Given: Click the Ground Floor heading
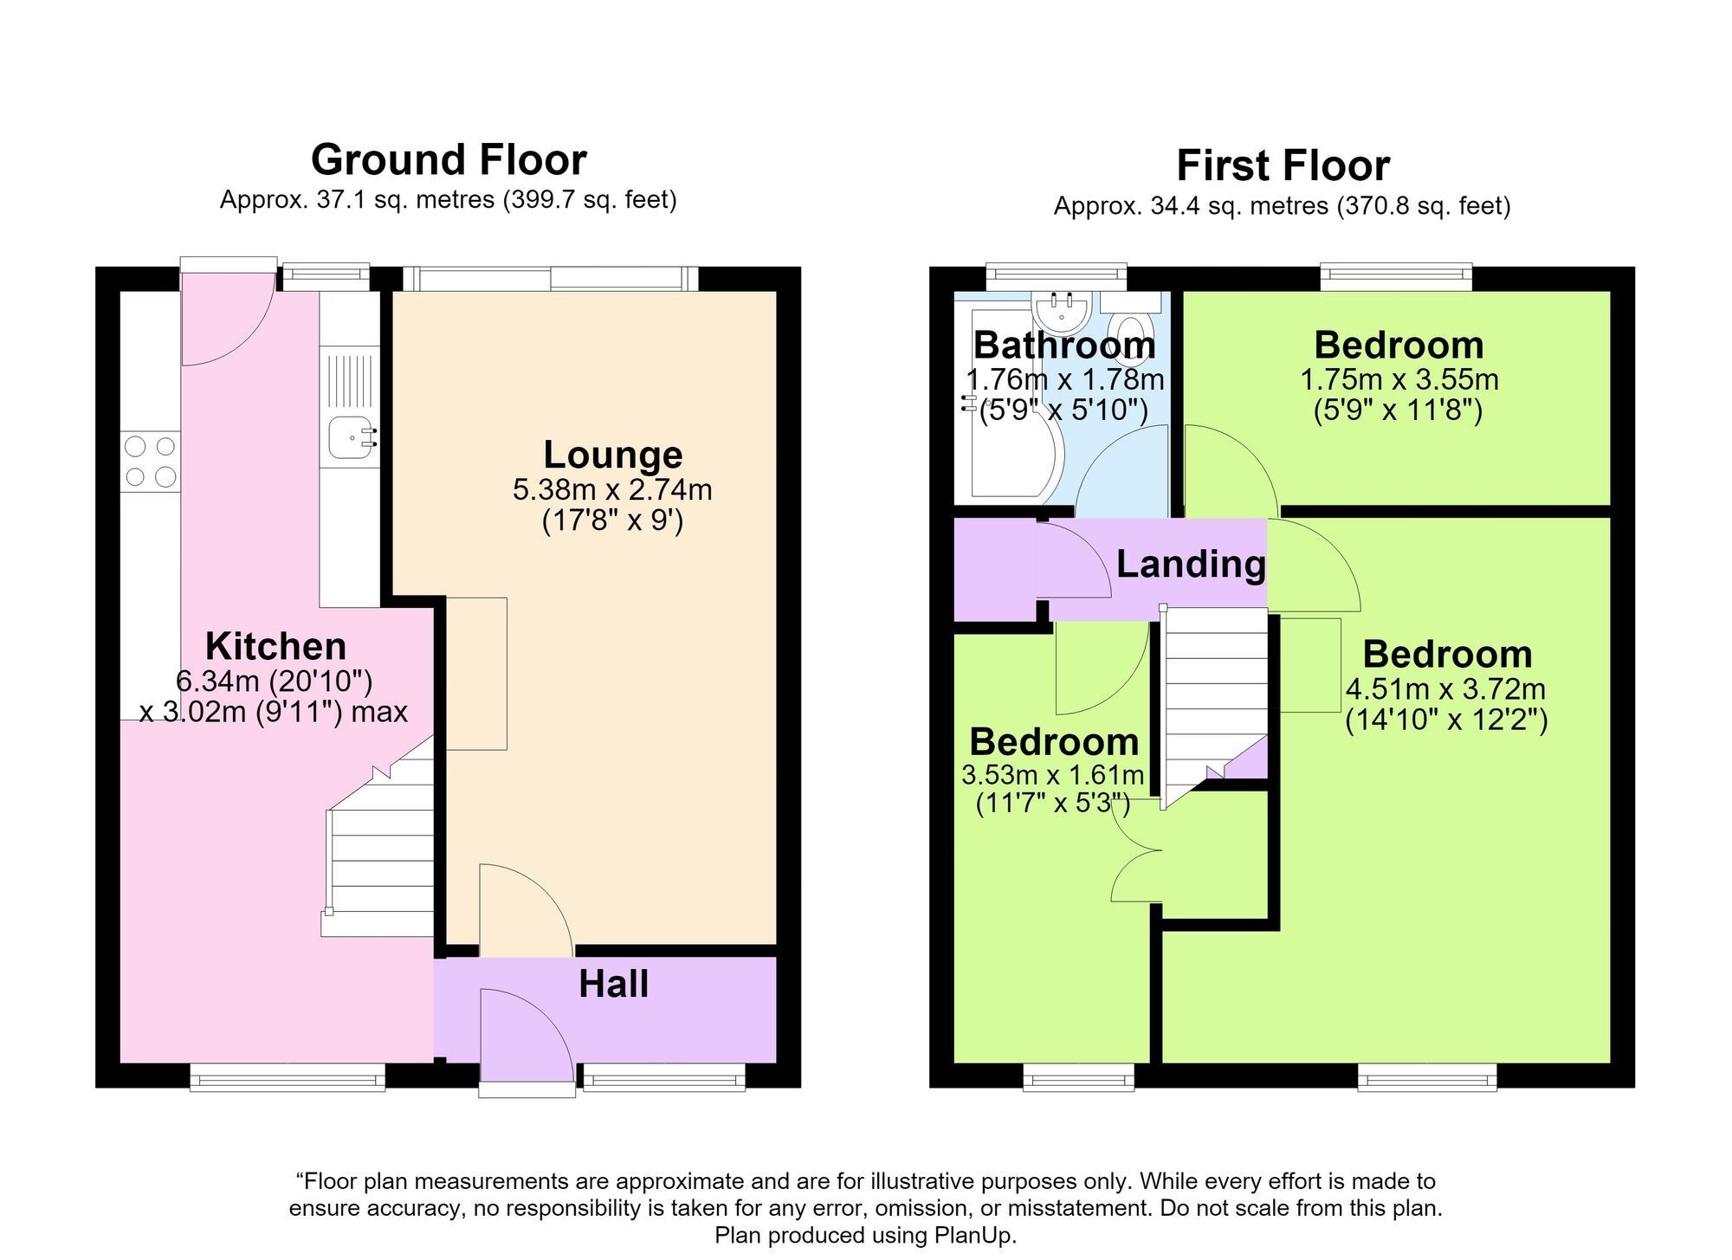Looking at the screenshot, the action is click(x=449, y=160).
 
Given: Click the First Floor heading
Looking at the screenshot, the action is click(x=1283, y=165).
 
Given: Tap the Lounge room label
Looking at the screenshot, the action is click(x=613, y=455).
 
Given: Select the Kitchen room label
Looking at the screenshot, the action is click(x=275, y=646).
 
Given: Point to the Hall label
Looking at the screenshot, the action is click(x=613, y=984).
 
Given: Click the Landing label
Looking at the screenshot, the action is click(x=1191, y=564).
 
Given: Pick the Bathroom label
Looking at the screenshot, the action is click(x=1064, y=345).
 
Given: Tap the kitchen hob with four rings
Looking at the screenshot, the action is click(x=151, y=462).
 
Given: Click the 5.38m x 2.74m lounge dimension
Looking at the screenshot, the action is click(x=612, y=490).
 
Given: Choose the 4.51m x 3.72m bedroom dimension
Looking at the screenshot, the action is click(x=1445, y=689).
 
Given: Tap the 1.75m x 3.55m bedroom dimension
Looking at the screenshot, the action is click(x=1399, y=379).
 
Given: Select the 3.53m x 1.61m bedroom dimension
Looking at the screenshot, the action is click(x=1053, y=774).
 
